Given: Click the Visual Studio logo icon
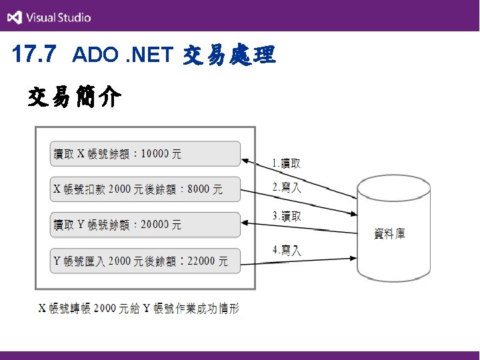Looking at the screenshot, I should pyautogui.click(x=15, y=17).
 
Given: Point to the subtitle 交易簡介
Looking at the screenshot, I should pyautogui.click(x=74, y=99).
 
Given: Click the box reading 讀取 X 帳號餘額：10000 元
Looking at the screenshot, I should pyautogui.click(x=145, y=154).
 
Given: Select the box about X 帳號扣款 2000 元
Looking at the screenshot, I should pyautogui.click(x=145, y=189).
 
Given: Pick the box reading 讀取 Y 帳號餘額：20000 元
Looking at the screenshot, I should pyautogui.click(x=145, y=225).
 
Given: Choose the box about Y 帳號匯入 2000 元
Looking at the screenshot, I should pyautogui.click(x=145, y=260).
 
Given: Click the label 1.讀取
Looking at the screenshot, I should pyautogui.click(x=287, y=163).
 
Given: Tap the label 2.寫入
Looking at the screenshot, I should pyautogui.click(x=287, y=188).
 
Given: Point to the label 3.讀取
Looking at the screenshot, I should pyautogui.click(x=287, y=217).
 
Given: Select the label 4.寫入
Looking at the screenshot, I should pyautogui.click(x=287, y=251).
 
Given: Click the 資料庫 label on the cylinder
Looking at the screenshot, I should pyautogui.click(x=389, y=233).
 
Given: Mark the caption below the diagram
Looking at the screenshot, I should pyautogui.click(x=138, y=308).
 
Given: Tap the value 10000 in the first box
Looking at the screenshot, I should pyautogui.click(x=155, y=154).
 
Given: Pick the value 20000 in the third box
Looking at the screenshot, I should pyautogui.click(x=156, y=225).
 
